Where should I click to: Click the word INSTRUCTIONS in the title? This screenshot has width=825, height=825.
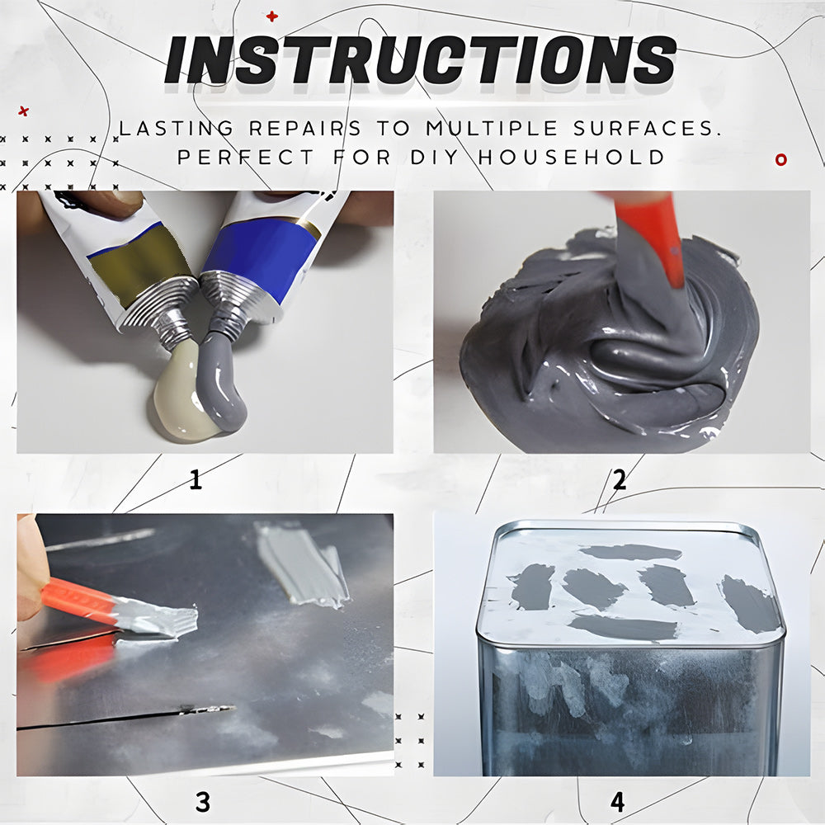[420, 60]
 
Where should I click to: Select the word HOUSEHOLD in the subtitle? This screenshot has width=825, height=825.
[572, 157]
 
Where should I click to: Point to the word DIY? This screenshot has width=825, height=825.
[435, 157]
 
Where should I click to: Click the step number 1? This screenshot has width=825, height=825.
[196, 479]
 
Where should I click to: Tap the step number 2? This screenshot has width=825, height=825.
[620, 479]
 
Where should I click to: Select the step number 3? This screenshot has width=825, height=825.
[203, 802]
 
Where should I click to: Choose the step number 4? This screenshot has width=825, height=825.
[617, 802]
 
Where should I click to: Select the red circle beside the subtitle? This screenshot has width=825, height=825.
[781, 159]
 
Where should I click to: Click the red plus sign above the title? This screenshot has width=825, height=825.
[271, 16]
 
